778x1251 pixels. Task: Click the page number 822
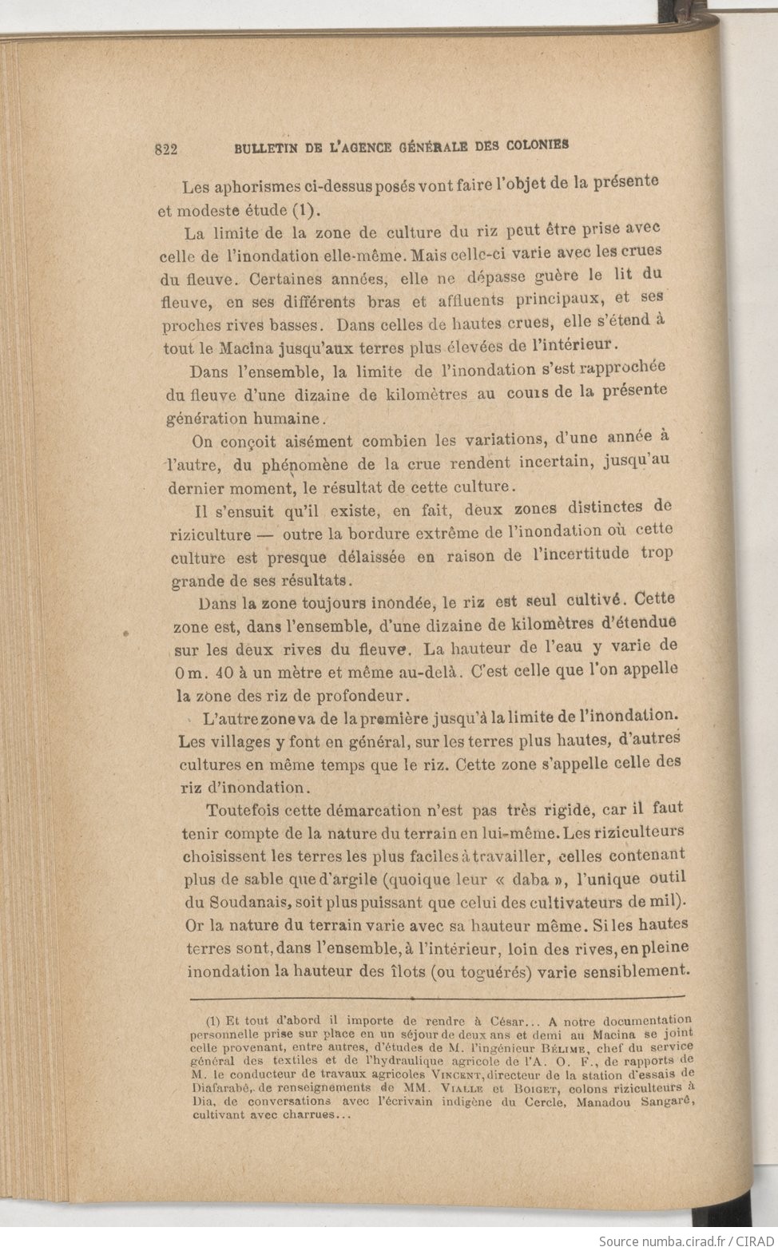[x=166, y=149]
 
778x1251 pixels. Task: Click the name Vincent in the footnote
[x=457, y=1074]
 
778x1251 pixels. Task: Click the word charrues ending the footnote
[x=312, y=1114]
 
